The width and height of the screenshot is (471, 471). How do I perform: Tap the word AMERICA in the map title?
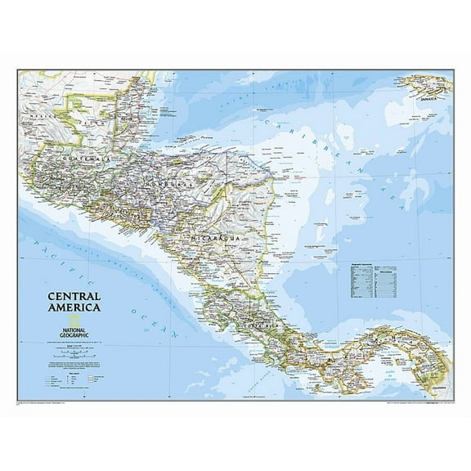coord(74,308)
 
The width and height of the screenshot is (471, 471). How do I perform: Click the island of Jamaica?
coord(421,84)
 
